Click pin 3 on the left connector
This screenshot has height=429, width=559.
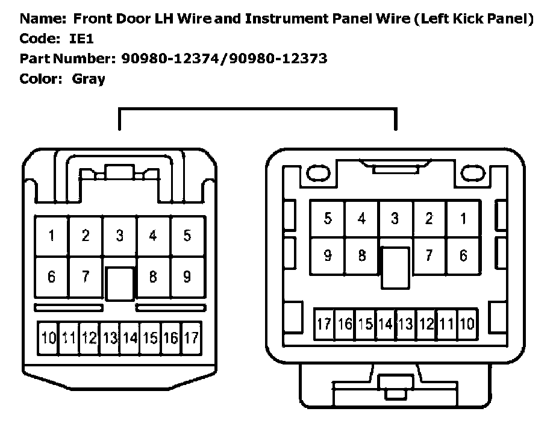[x=119, y=236]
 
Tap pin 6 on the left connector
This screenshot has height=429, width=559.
[x=51, y=277]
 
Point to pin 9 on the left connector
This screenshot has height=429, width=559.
[x=187, y=277]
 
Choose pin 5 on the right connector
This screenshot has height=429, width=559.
[x=327, y=219]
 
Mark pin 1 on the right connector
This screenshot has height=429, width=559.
[x=463, y=219]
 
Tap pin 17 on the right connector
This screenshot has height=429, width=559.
[x=325, y=325]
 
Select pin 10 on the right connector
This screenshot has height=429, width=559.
[x=467, y=325]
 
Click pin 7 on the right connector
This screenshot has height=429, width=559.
[x=428, y=255]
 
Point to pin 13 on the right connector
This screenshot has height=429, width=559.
[x=405, y=325]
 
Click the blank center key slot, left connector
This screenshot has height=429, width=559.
[x=120, y=283]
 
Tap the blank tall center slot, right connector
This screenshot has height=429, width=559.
[x=395, y=268]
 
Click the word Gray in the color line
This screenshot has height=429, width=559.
[x=88, y=78]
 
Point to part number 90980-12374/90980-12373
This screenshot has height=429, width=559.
[x=224, y=58]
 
